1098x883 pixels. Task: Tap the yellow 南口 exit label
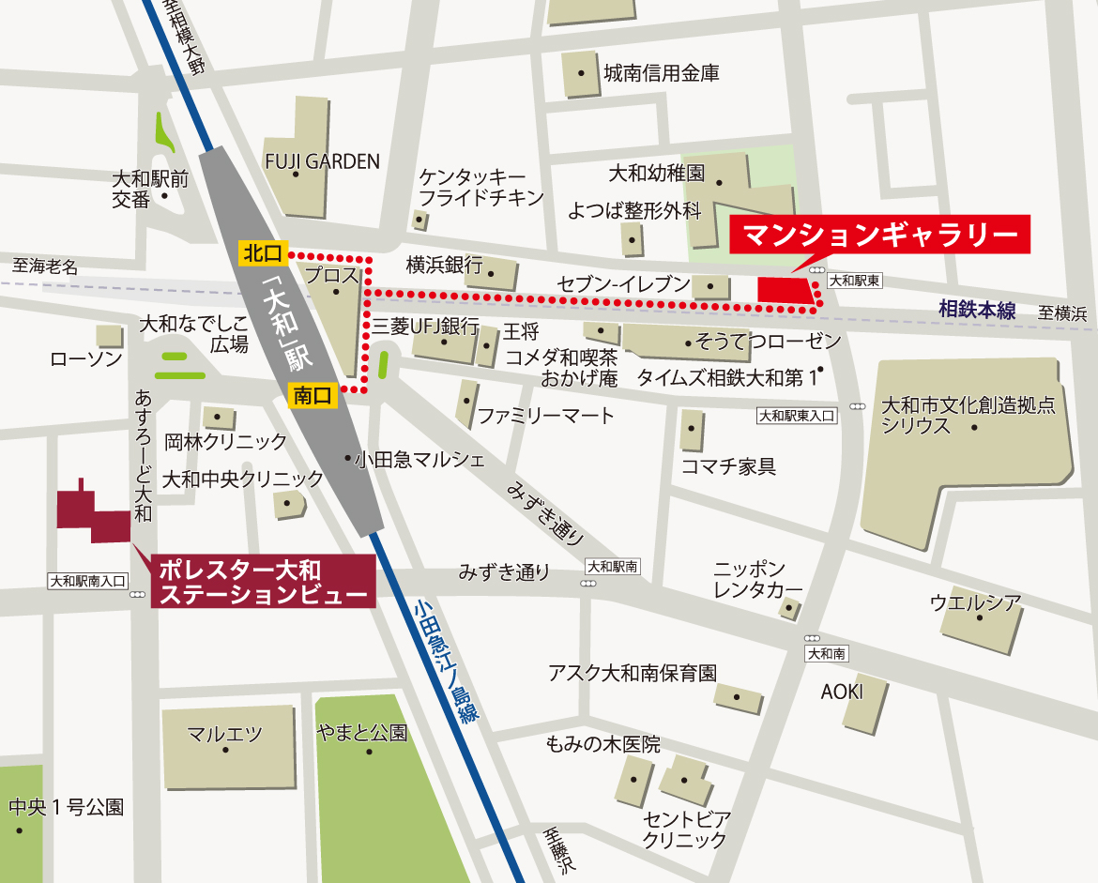click(313, 396)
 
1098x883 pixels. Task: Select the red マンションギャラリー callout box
click(879, 235)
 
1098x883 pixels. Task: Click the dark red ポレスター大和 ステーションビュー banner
click(263, 581)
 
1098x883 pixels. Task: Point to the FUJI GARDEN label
click(322, 161)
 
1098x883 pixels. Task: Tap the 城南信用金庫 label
click(662, 72)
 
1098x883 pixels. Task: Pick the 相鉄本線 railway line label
click(977, 310)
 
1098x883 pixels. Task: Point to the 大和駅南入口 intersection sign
click(87, 582)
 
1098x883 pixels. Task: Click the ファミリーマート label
click(545, 415)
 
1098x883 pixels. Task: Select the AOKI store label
click(841, 692)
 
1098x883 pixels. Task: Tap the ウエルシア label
click(975, 602)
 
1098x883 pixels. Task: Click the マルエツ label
click(224, 734)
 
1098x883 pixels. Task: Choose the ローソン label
click(86, 359)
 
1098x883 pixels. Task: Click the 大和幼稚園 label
click(656, 173)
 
